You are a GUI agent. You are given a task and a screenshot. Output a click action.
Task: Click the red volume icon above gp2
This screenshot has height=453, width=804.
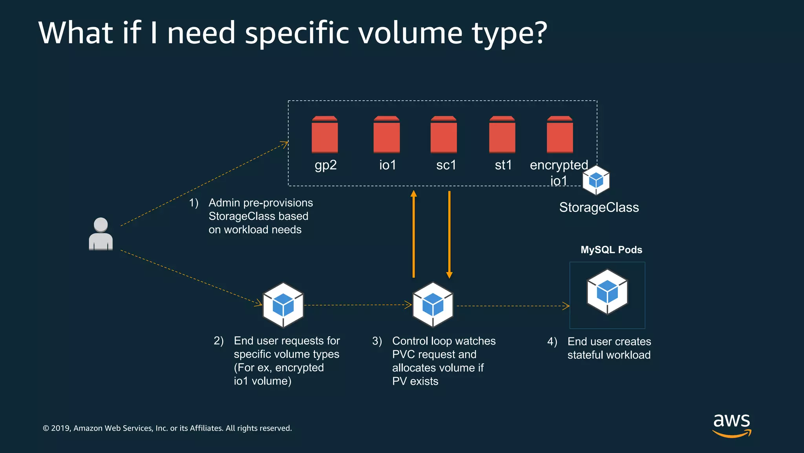point(325,134)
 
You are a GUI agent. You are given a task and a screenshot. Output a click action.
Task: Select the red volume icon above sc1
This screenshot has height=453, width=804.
point(444,134)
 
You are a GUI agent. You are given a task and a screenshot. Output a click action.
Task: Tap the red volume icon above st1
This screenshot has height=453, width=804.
point(502,134)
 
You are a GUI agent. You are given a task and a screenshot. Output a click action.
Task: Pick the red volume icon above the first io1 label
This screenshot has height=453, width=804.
point(387,134)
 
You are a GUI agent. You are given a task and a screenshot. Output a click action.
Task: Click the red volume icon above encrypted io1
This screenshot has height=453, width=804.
point(560,134)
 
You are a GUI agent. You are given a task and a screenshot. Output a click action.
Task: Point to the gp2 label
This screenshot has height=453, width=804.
point(325,165)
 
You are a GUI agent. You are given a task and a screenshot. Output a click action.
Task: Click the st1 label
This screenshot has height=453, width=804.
point(503,165)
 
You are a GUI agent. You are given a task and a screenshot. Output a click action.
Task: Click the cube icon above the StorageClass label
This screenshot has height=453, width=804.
point(596,180)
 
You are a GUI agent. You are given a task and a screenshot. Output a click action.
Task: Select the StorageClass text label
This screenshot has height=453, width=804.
point(599,207)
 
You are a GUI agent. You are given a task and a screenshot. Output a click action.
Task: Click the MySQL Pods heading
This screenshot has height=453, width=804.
point(611,250)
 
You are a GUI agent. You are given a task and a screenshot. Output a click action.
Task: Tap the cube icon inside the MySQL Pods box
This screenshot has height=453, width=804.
point(607,292)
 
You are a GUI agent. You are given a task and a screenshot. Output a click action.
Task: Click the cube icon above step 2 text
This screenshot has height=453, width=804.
point(283,305)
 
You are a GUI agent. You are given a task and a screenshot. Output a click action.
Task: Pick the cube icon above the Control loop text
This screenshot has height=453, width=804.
point(433,305)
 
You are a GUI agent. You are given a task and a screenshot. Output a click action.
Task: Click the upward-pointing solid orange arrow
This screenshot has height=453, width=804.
point(413,234)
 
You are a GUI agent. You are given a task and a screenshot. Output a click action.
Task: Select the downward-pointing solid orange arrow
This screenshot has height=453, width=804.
point(450,235)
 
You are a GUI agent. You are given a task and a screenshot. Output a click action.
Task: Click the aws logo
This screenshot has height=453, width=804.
point(732,425)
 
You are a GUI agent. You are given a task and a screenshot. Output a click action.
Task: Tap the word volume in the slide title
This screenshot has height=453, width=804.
point(411,33)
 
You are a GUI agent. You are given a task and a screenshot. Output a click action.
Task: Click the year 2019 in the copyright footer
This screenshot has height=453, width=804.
point(60,428)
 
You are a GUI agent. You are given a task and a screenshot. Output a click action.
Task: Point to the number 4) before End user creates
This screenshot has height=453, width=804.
point(552,342)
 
